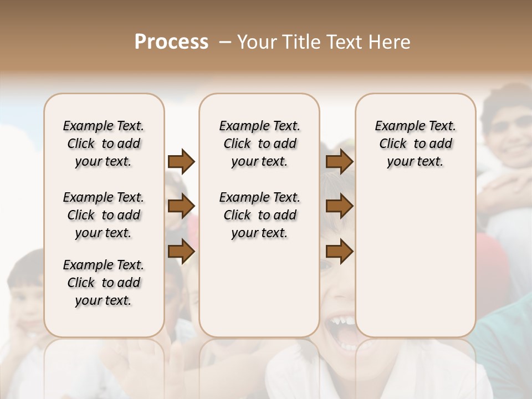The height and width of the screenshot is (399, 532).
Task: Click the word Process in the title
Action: pos(171,42)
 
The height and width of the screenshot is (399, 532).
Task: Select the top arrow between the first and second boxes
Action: pos(181,161)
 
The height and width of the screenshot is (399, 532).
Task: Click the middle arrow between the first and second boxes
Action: pos(181,206)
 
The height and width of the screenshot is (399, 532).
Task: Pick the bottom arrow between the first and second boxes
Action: pos(181,250)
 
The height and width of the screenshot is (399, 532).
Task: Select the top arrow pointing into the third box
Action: pos(339,161)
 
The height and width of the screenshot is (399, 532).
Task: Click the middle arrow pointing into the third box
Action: pos(339,206)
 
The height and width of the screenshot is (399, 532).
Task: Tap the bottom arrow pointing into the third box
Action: pos(339,251)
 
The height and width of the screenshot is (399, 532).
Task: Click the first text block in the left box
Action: pos(104,144)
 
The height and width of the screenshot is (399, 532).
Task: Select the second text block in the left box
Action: pos(104,215)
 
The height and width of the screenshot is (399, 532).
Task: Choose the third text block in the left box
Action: pos(104,283)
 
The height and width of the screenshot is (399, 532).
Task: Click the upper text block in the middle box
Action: pos(259,144)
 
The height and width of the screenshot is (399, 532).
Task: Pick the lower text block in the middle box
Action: pos(259,215)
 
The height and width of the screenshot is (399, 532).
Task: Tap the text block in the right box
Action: pos(415,144)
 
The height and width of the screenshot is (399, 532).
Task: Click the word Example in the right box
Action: pos(396,126)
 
